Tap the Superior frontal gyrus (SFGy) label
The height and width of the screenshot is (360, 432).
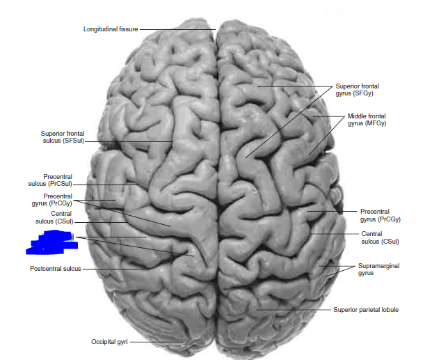(x=357, y=89)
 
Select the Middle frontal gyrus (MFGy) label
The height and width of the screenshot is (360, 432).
(x=367, y=119)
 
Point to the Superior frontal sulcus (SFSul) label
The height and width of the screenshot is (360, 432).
(x=62, y=136)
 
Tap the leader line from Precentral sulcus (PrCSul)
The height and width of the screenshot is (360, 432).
(x=104, y=185)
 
